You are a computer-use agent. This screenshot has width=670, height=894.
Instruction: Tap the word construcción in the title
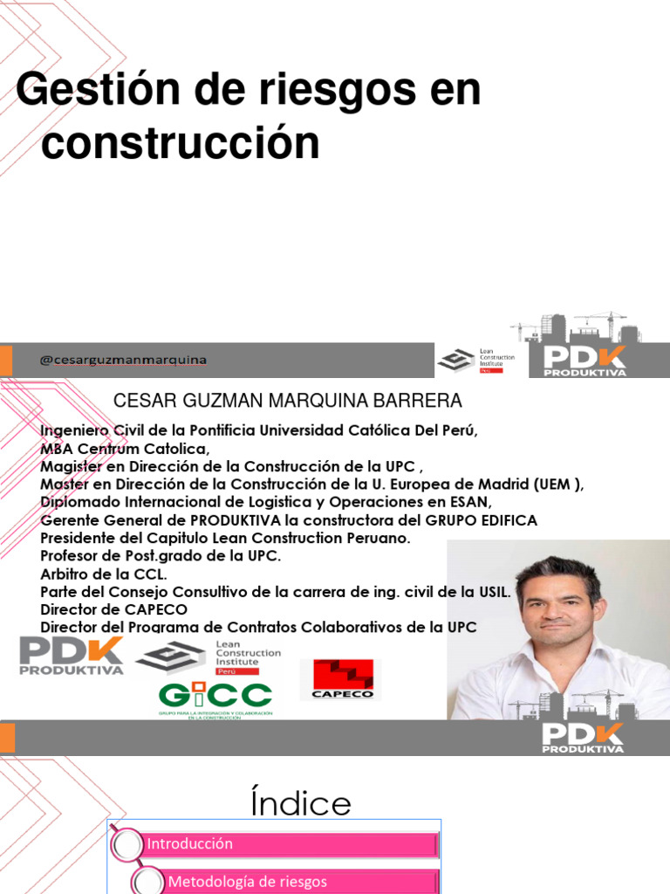click(180, 142)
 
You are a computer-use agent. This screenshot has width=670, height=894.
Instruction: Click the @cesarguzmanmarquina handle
click(124, 360)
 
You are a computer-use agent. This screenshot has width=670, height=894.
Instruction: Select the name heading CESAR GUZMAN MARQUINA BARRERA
click(288, 401)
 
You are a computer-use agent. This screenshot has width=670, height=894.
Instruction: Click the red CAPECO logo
click(337, 679)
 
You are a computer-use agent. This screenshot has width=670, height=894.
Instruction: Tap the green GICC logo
click(215, 698)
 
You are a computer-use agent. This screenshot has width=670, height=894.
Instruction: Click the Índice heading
click(300, 803)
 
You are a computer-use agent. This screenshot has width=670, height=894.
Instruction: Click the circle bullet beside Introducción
click(129, 845)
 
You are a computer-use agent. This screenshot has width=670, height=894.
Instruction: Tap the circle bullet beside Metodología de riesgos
click(148, 881)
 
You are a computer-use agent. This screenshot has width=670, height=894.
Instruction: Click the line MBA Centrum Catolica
click(126, 449)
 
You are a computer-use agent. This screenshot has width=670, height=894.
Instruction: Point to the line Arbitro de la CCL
click(103, 574)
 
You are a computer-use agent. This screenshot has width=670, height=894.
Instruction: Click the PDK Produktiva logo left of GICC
click(72, 656)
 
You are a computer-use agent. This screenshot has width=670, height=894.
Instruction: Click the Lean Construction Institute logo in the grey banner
click(476, 360)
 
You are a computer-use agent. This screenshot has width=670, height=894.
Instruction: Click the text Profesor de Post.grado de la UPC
click(161, 556)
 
